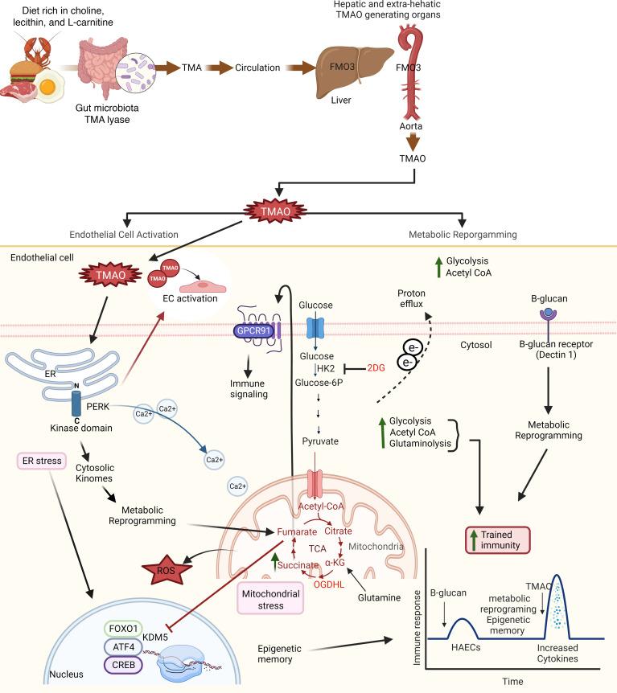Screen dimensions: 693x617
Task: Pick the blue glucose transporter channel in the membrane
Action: coord(316,330)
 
